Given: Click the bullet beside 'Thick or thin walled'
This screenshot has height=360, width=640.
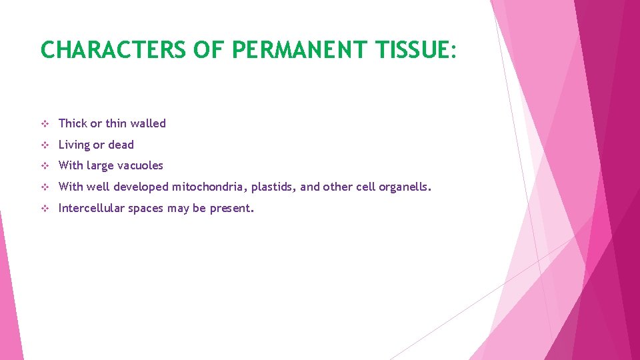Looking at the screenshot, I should (x=45, y=123).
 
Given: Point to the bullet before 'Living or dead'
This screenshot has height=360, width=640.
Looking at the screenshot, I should (x=45, y=145).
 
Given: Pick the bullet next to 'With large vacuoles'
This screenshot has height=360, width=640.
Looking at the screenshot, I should (x=45, y=165).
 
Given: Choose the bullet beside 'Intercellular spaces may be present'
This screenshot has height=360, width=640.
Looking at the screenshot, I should (x=45, y=208).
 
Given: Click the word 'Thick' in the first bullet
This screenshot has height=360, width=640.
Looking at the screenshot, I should (x=73, y=123).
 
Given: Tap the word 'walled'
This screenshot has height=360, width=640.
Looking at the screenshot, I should (x=148, y=123).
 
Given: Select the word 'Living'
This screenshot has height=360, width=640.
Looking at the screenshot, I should (x=74, y=145).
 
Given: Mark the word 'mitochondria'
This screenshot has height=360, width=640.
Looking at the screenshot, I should (x=210, y=187).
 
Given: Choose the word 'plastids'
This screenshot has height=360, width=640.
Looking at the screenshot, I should (x=273, y=187).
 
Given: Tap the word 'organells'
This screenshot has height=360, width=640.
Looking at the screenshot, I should (x=404, y=187).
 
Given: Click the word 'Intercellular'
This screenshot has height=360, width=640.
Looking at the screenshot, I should (x=91, y=208).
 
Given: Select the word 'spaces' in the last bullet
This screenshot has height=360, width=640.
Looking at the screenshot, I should (x=146, y=209).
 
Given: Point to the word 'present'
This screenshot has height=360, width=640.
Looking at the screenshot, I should (x=231, y=209).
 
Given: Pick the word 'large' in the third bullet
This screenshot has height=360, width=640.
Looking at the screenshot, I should (x=99, y=166).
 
